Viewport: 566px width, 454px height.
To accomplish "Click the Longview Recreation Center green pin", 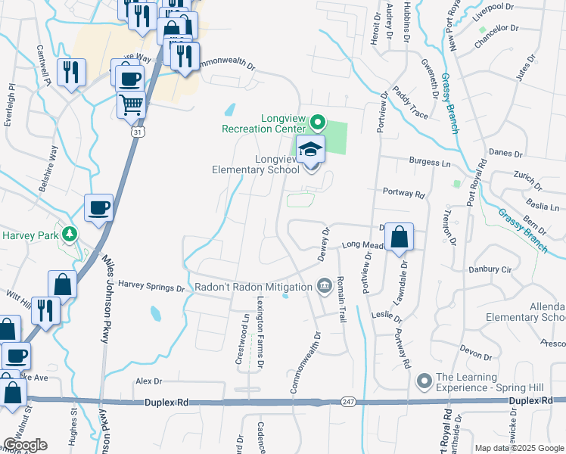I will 318,121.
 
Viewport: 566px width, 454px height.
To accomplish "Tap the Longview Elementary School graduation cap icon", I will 309,150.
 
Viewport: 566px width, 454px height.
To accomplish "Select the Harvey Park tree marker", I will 70,235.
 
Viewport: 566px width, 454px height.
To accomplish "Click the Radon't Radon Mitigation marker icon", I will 324,286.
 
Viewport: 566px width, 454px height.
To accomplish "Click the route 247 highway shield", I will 347,401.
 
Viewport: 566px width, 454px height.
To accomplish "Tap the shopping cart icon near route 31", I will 132,105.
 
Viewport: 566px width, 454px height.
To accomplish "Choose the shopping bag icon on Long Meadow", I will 399,238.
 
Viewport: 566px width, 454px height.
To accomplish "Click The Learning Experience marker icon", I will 424,380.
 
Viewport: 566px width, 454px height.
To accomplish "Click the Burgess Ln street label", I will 430,162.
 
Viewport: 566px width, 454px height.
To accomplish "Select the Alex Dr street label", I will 148,382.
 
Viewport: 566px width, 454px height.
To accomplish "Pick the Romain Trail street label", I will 341,300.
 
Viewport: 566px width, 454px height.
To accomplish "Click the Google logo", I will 25,445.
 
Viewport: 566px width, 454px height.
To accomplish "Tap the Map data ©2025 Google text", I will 518,448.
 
